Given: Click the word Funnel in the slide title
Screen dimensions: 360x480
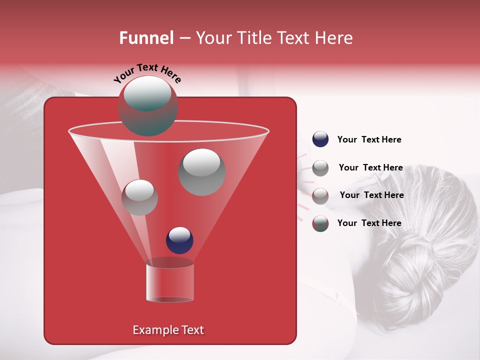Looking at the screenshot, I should [146, 38].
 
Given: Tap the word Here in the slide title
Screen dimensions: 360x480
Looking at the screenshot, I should [334, 38].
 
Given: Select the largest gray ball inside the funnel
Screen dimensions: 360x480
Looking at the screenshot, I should [202, 171].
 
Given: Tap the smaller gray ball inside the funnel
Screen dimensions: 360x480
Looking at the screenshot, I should [139, 197].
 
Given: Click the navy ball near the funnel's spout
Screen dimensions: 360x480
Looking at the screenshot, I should [179, 240].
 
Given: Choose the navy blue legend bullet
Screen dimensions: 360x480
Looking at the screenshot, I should [320, 139].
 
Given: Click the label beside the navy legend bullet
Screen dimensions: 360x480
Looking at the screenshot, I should [369, 139].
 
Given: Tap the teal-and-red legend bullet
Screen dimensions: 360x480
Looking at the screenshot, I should [320, 223].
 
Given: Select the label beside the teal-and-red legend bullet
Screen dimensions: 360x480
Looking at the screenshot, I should [369, 223].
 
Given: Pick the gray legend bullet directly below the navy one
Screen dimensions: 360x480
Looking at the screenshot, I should [320, 168].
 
